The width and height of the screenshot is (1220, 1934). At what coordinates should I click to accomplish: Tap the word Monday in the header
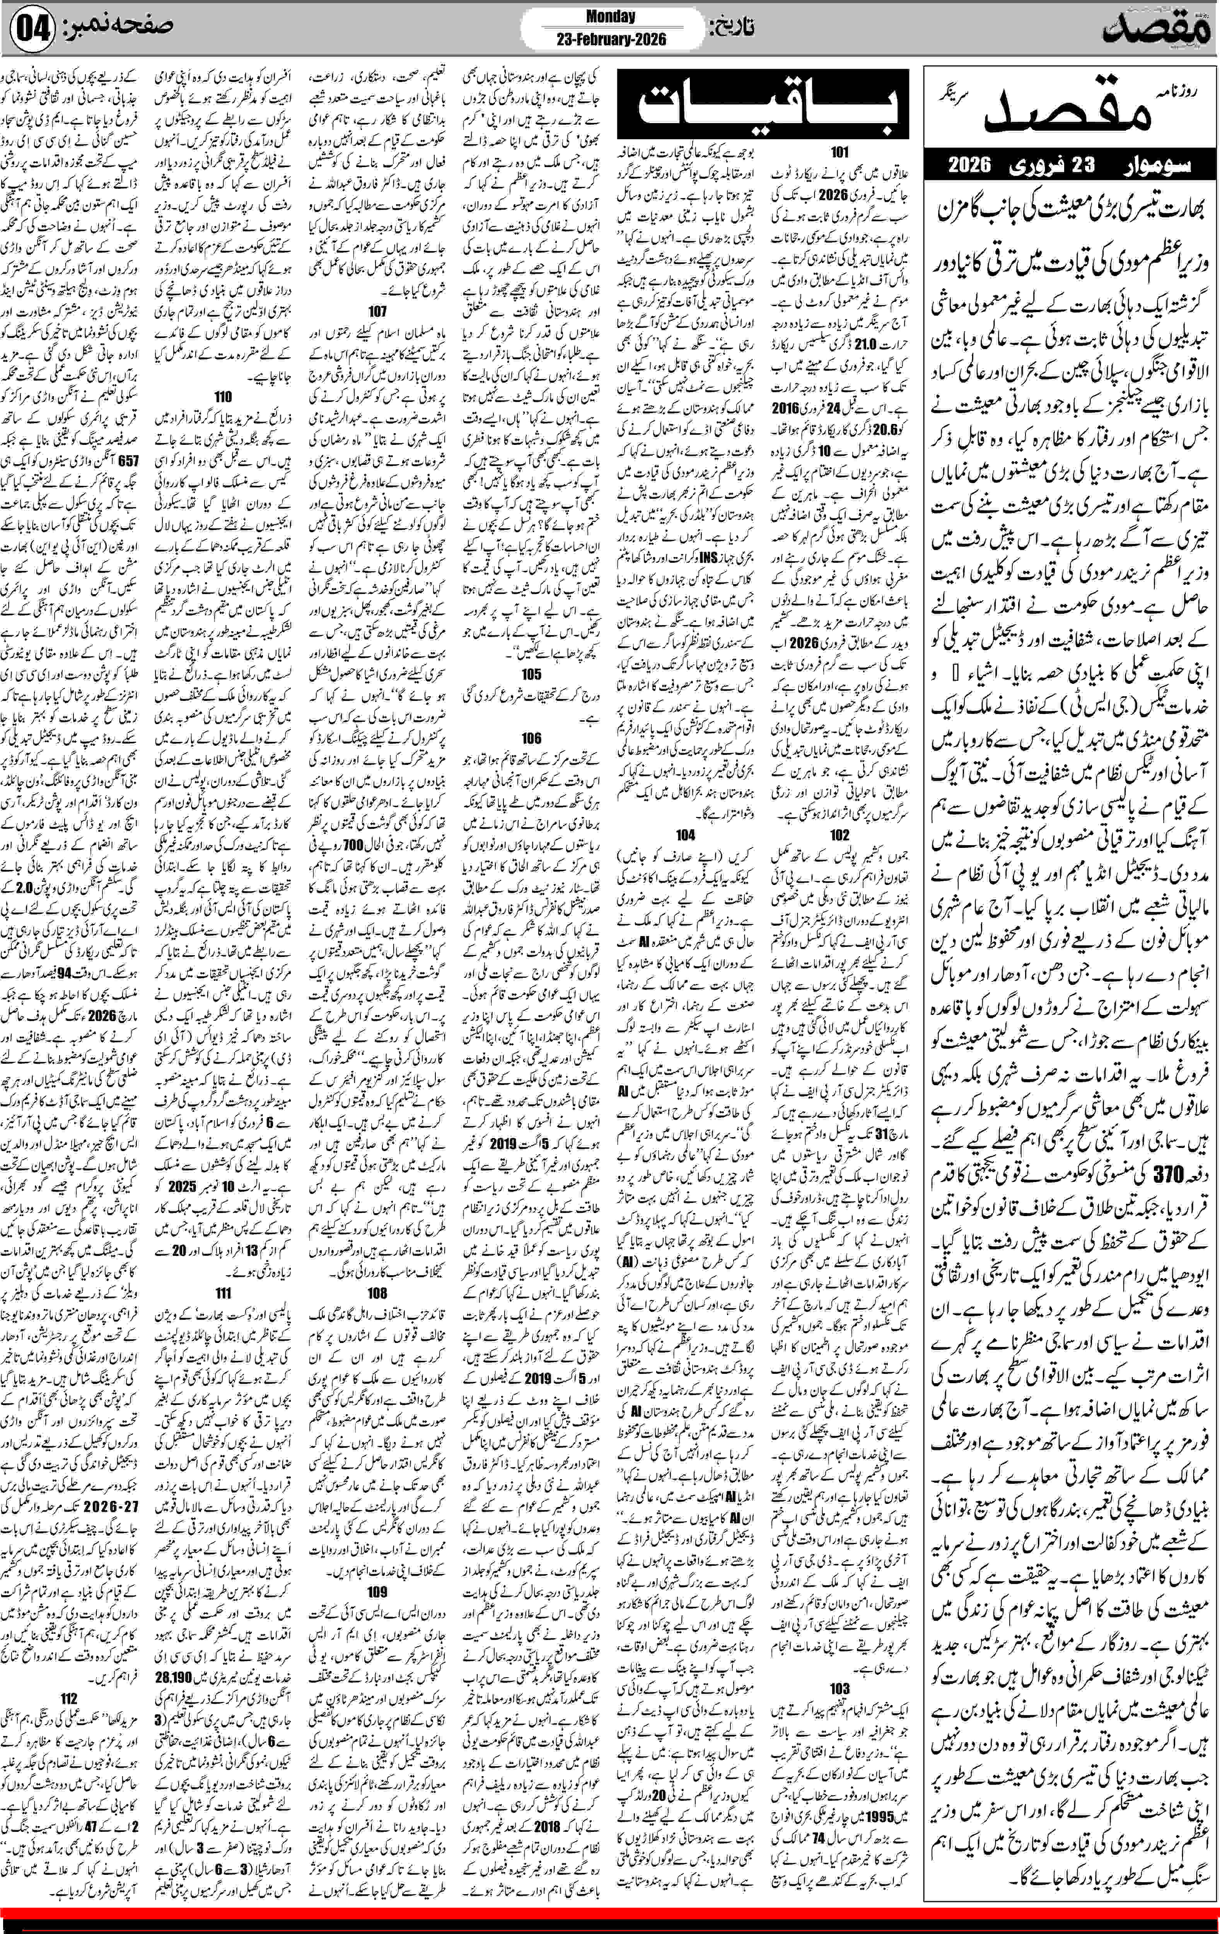pyautogui.click(x=611, y=16)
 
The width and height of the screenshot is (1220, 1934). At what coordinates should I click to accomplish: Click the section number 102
pyautogui.click(x=839, y=835)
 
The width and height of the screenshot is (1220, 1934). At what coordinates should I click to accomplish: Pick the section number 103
pyautogui.click(x=839, y=1689)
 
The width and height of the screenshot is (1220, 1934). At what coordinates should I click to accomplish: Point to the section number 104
pyautogui.click(x=685, y=835)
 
